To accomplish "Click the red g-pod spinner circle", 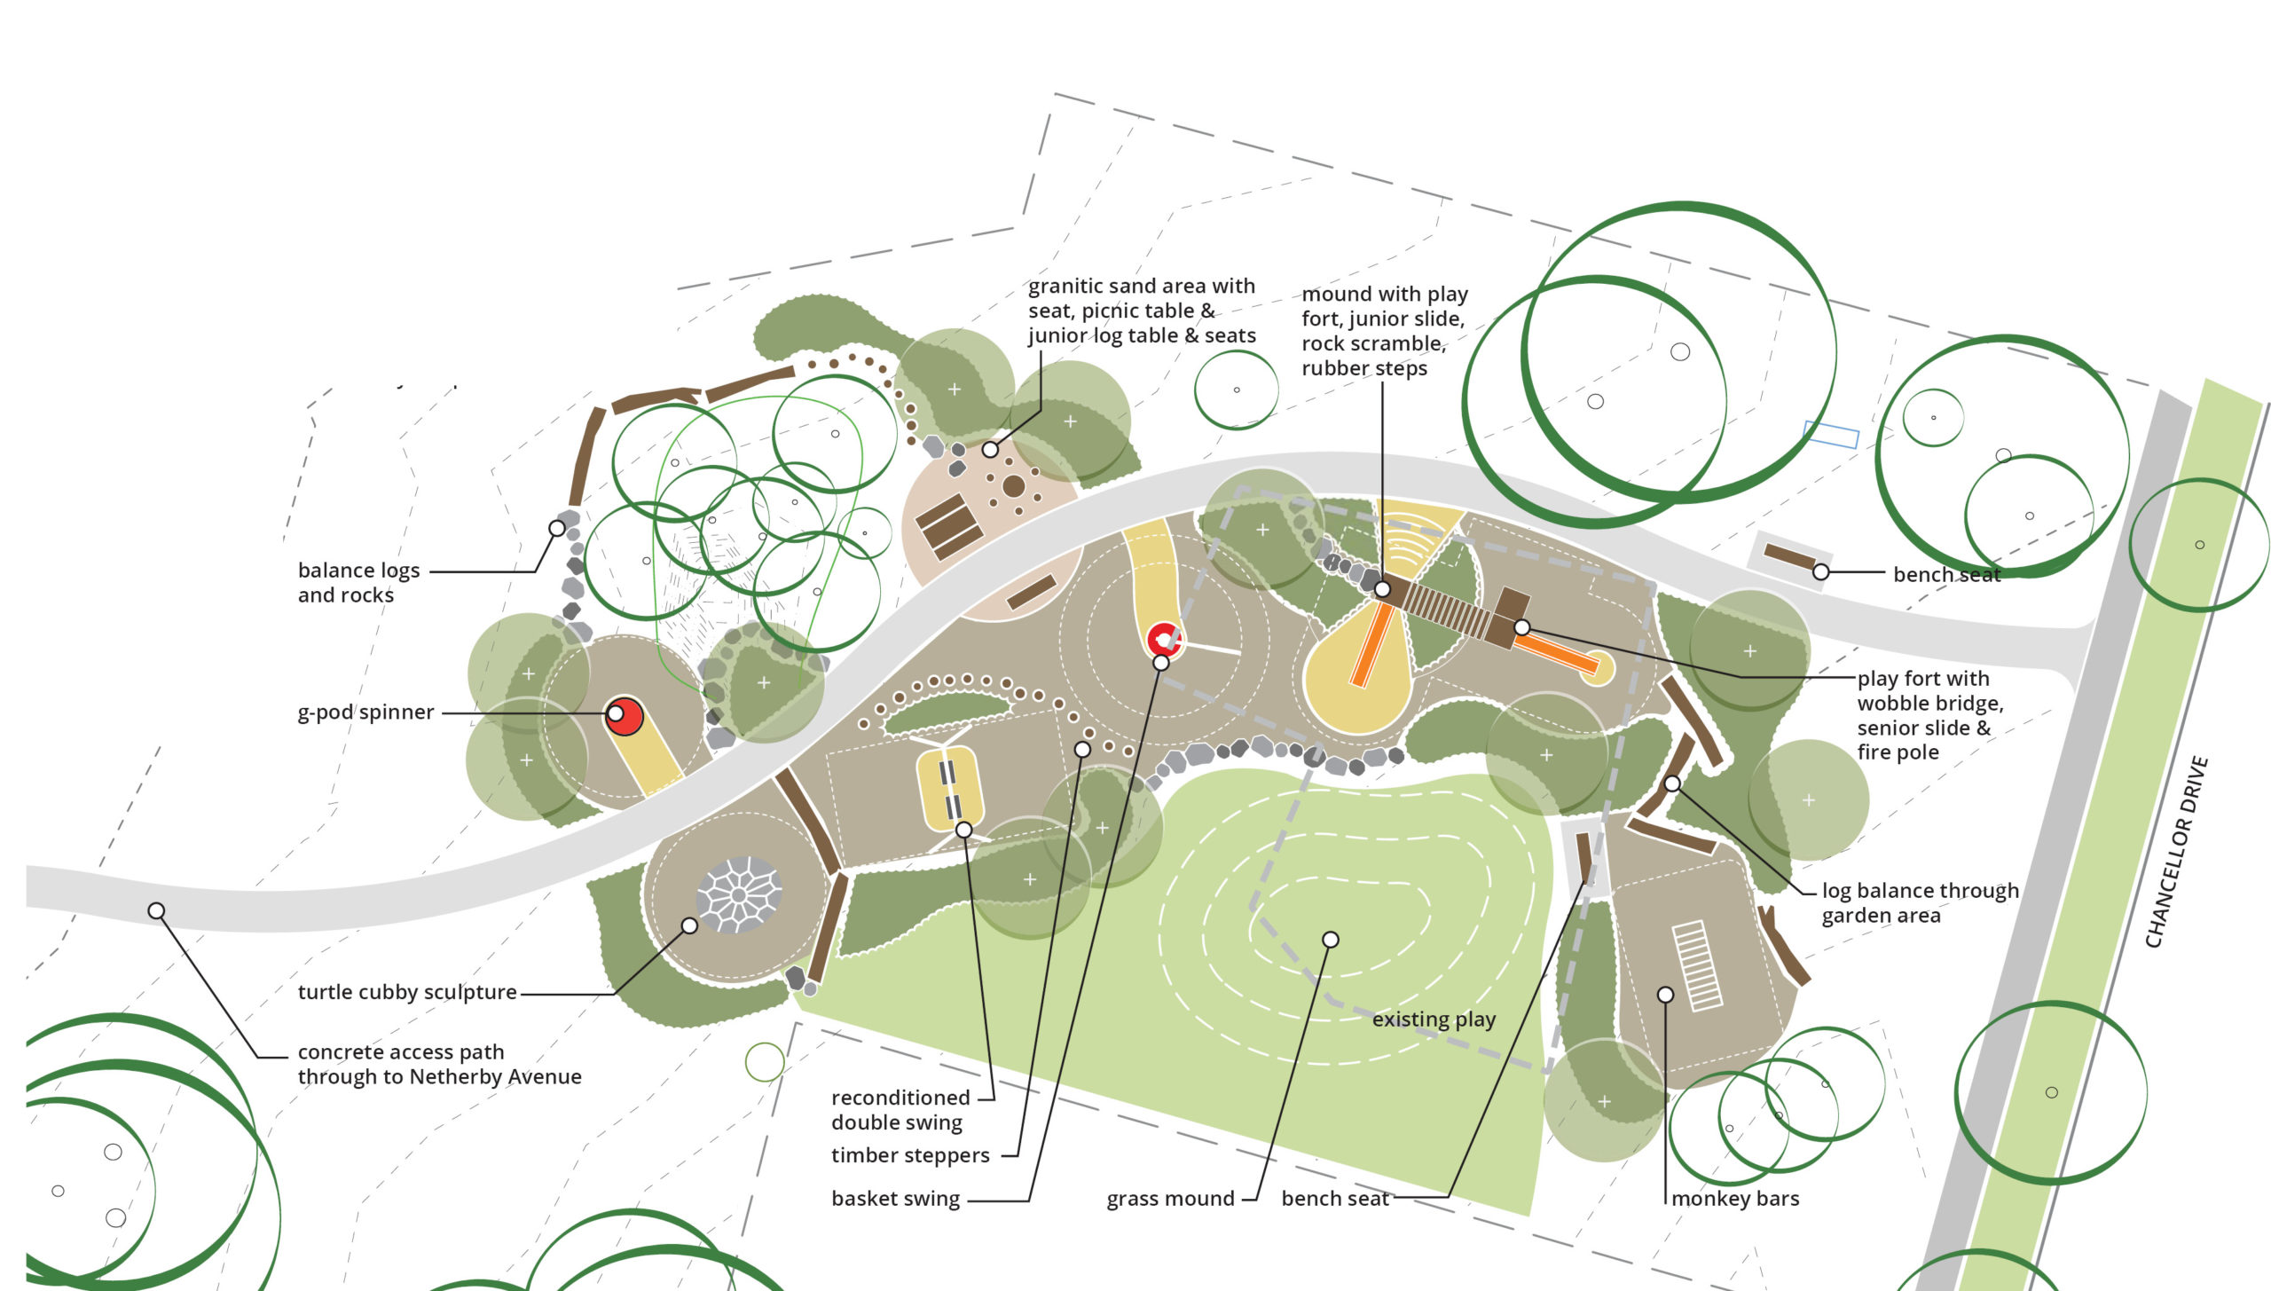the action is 625,716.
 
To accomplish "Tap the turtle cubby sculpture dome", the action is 739,894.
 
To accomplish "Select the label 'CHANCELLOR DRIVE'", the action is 2176,852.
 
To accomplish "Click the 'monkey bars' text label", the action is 1735,1199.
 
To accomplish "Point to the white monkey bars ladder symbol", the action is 1697,965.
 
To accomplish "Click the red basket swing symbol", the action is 1164,639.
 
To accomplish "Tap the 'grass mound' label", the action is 1170,1199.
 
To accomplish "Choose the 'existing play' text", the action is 1434,1019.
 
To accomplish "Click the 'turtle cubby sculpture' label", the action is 407,992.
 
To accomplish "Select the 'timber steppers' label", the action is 910,1155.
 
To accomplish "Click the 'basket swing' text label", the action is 895,1199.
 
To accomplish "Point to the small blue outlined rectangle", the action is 1831,435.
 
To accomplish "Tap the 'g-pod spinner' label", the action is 365,712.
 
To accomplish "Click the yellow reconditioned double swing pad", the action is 949,789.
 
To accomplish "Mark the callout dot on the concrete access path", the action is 156,910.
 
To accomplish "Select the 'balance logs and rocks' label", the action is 358,582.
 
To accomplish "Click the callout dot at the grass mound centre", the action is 1330,940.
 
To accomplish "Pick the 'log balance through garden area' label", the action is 1920,903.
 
